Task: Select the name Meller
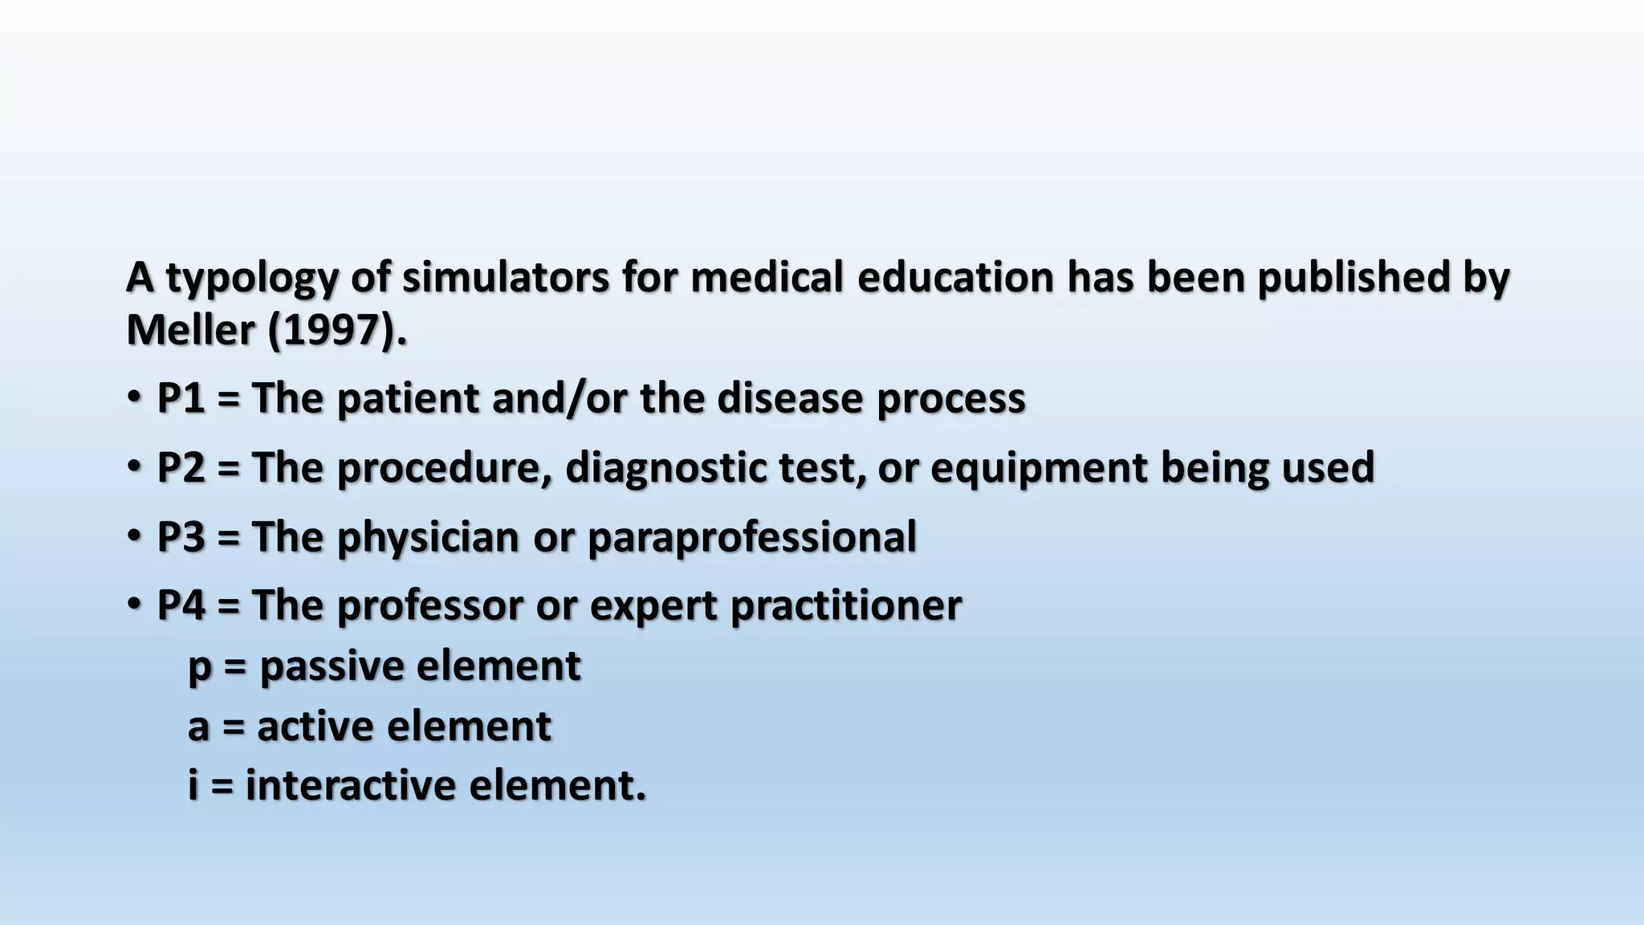pyautogui.click(x=190, y=330)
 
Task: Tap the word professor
pyautogui.click(x=429, y=606)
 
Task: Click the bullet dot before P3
pyautogui.click(x=134, y=534)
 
